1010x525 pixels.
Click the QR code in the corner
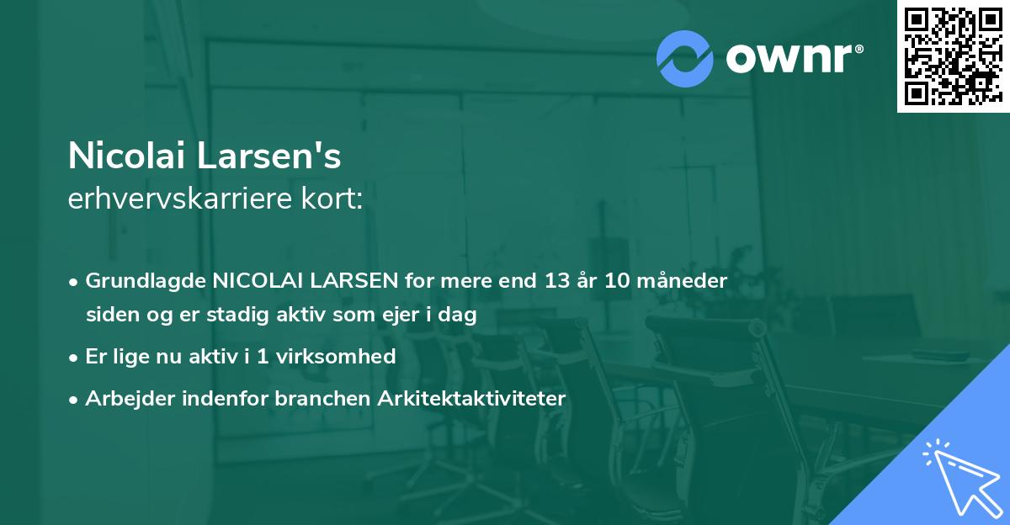pos(952,56)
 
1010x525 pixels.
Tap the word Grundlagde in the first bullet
pos(146,281)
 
